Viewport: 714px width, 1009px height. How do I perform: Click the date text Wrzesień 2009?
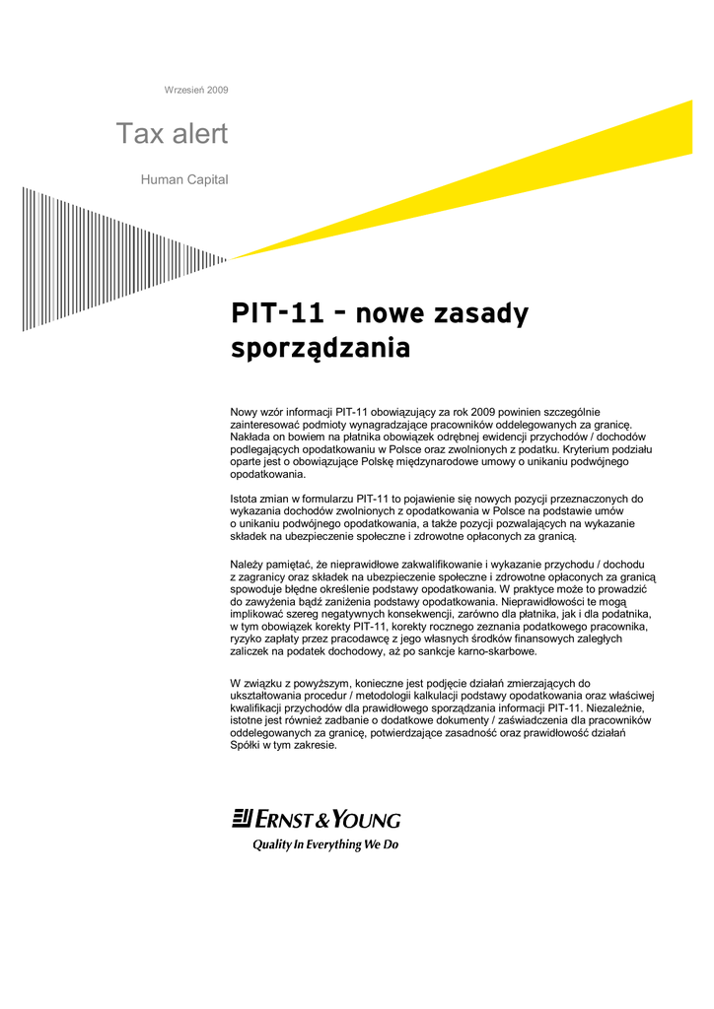coord(195,90)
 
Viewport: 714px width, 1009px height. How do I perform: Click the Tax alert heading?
coord(172,134)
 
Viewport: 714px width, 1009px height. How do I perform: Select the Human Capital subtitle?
coord(184,180)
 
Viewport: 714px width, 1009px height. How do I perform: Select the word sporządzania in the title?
coord(320,349)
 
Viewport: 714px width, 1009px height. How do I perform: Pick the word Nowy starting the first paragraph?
coord(244,412)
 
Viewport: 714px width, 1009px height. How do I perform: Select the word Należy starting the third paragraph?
coord(248,564)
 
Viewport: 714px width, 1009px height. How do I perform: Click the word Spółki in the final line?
coord(246,745)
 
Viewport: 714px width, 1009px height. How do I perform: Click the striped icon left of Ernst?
coord(242,819)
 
